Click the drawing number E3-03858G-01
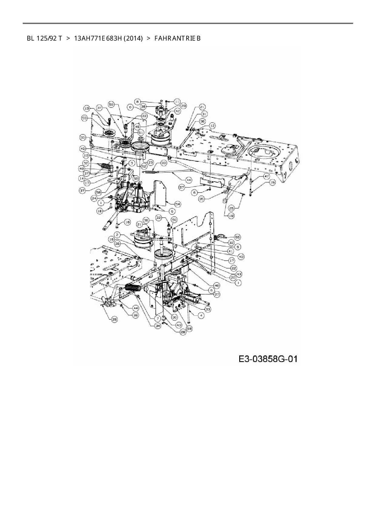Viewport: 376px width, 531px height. click(x=268, y=359)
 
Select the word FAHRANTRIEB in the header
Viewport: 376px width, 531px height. click(x=177, y=38)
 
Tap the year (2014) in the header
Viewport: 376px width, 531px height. click(x=133, y=38)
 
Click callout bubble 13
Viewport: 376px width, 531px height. click(x=87, y=108)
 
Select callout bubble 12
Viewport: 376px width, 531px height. click(x=212, y=125)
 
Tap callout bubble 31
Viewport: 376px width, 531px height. click(x=204, y=114)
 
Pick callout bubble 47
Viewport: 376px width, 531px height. click(x=267, y=176)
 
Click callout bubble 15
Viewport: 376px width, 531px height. click(x=272, y=183)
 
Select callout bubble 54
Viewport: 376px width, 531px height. click(x=177, y=204)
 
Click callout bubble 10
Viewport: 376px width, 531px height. click(x=86, y=155)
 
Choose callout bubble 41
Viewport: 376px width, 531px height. click(x=231, y=251)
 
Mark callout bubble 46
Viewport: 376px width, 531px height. click(x=217, y=285)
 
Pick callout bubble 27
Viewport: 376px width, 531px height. click(x=217, y=294)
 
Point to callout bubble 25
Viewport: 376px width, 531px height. click(x=115, y=320)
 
